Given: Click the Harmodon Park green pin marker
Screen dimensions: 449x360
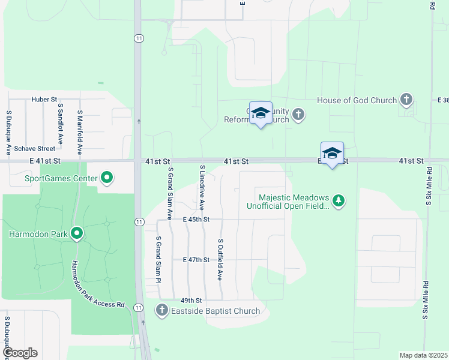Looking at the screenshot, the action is (76, 233).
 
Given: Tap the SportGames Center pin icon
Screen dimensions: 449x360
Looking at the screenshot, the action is (107, 178).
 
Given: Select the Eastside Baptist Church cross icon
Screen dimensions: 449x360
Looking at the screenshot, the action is (161, 310).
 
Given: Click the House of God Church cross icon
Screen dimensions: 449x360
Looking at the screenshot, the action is (406, 100).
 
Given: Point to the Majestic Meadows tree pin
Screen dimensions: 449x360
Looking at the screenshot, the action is (339, 200).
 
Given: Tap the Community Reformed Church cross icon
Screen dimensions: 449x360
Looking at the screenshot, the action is (299, 115).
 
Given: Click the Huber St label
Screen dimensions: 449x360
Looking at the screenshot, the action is (44, 99).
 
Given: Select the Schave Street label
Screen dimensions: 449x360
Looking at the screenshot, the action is (35, 148).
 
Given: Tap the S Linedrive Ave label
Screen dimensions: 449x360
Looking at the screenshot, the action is (203, 188).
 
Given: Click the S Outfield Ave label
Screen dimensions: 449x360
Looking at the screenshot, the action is (220, 259).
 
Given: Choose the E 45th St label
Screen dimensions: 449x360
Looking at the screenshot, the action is (196, 220).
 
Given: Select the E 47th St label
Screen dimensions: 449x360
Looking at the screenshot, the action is (196, 260).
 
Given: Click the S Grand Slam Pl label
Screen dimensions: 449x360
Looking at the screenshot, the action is (159, 259).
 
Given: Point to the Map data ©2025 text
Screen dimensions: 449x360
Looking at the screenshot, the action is (423, 355).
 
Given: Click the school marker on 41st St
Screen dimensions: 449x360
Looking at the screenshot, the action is (332, 154).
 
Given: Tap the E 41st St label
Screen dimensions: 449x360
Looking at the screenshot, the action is (44, 161).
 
